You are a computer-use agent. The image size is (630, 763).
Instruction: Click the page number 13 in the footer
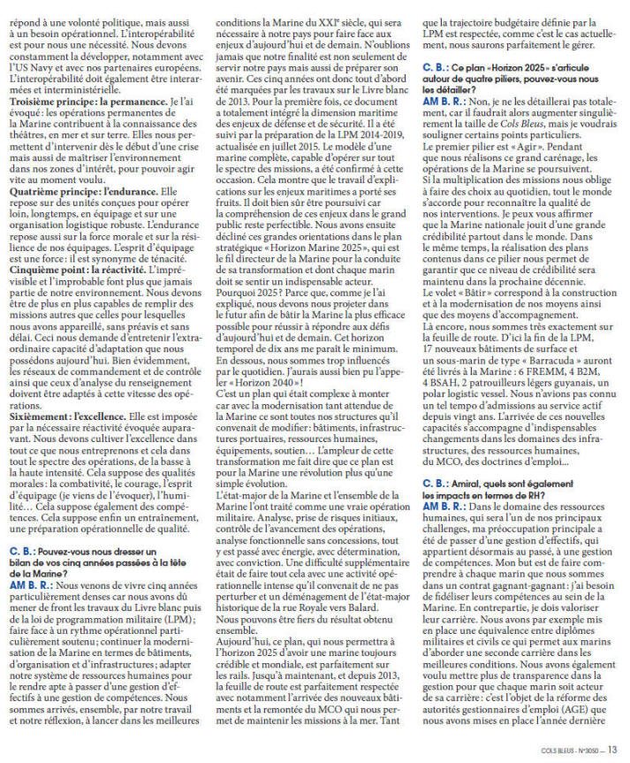click(x=612, y=751)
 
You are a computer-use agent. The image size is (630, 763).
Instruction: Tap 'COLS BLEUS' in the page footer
click(x=559, y=751)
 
